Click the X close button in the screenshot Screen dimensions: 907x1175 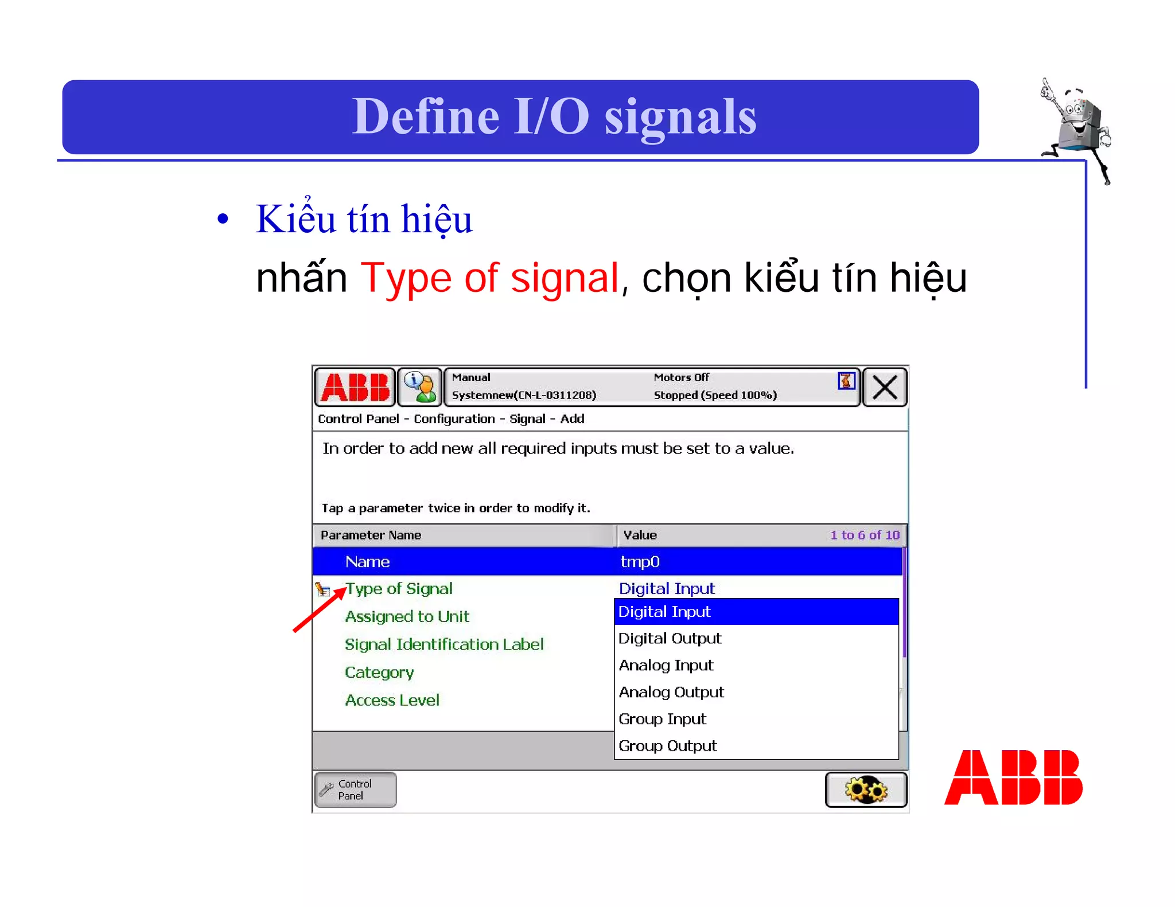point(884,387)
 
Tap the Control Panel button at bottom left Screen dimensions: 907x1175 point(355,789)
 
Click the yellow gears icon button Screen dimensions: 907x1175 point(866,789)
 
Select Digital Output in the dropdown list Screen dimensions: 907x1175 point(670,638)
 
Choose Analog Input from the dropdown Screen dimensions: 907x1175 point(666,665)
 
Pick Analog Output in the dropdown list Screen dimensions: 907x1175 point(671,692)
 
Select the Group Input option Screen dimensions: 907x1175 point(662,719)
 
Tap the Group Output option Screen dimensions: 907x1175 point(667,746)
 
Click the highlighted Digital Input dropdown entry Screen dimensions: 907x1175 point(664,612)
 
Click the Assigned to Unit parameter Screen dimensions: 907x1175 point(407,616)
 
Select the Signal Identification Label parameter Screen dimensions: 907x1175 point(443,644)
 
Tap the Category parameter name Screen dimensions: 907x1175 point(379,672)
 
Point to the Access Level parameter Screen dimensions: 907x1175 point(392,700)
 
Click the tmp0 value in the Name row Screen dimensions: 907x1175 point(640,562)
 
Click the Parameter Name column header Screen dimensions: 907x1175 point(371,535)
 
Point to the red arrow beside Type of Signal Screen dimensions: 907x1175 point(318,609)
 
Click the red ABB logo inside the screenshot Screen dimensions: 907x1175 point(355,387)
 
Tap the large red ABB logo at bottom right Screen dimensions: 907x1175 point(1013,777)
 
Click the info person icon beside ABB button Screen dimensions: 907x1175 point(419,387)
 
